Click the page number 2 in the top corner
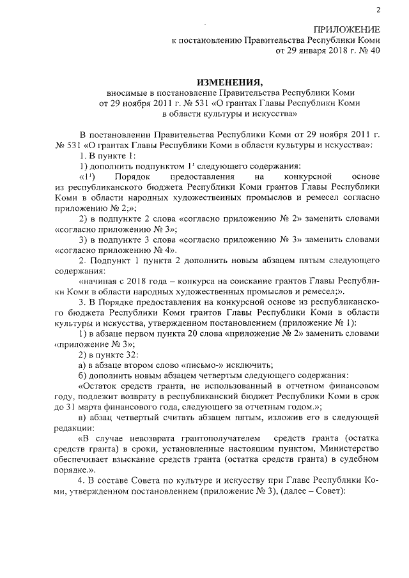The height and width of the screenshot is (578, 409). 378,9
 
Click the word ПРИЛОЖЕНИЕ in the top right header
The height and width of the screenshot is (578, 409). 348,30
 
